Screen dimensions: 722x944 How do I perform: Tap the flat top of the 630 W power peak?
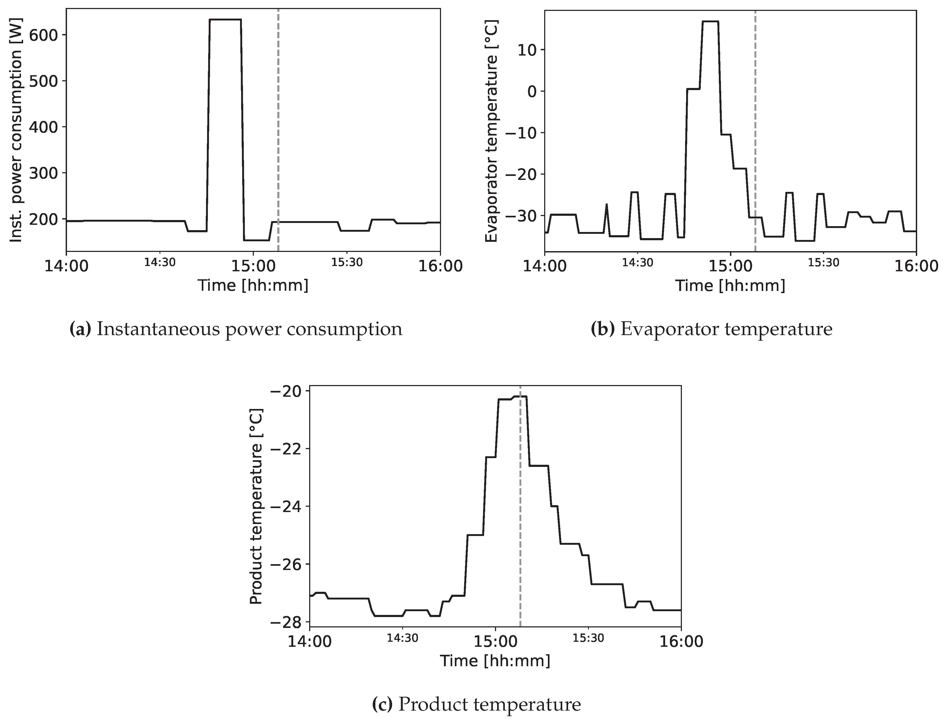click(x=225, y=20)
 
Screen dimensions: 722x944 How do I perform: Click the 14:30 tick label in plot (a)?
click(x=160, y=263)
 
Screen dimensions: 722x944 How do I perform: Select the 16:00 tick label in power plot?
click(x=440, y=266)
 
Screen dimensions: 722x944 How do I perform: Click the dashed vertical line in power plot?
click(x=278, y=129)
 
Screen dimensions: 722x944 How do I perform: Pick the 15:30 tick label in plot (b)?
click(x=823, y=263)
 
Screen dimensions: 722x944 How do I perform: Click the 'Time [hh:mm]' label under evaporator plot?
click(x=730, y=286)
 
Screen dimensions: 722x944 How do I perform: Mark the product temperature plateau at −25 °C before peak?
click(x=475, y=535)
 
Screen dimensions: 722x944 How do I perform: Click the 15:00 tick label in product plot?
click(x=495, y=642)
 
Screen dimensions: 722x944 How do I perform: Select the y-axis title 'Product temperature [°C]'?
click(x=256, y=506)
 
